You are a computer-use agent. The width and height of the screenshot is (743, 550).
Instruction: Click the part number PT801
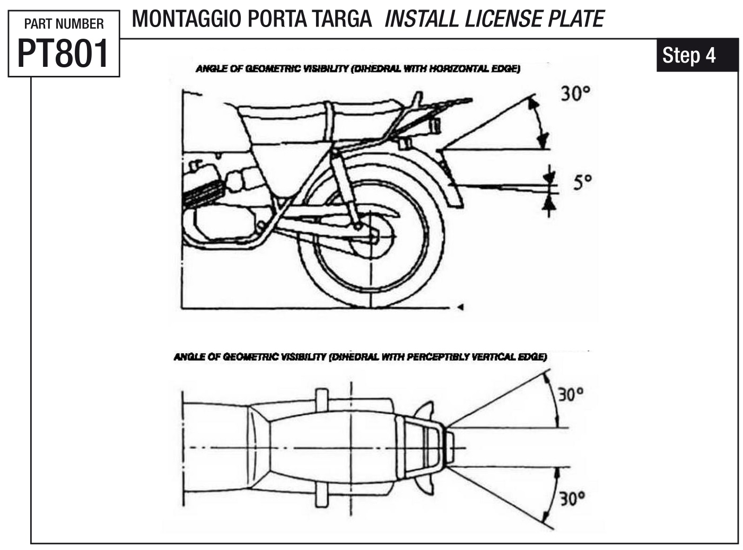tap(63, 53)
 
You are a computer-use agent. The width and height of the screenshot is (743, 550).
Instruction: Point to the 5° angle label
tap(582, 183)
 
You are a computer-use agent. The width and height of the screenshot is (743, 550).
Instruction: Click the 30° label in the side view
tap(575, 94)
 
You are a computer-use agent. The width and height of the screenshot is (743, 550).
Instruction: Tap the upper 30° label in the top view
tap(570, 395)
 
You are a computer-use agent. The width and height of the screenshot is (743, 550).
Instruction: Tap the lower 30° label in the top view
tap(572, 499)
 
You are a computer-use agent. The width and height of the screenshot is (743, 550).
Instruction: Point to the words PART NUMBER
tap(64, 24)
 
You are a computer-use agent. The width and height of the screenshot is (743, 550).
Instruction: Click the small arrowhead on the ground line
tap(460, 307)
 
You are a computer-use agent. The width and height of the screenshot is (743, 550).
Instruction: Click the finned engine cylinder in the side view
tap(202, 194)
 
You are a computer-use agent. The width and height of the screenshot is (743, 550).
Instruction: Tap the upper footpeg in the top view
tap(321, 398)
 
